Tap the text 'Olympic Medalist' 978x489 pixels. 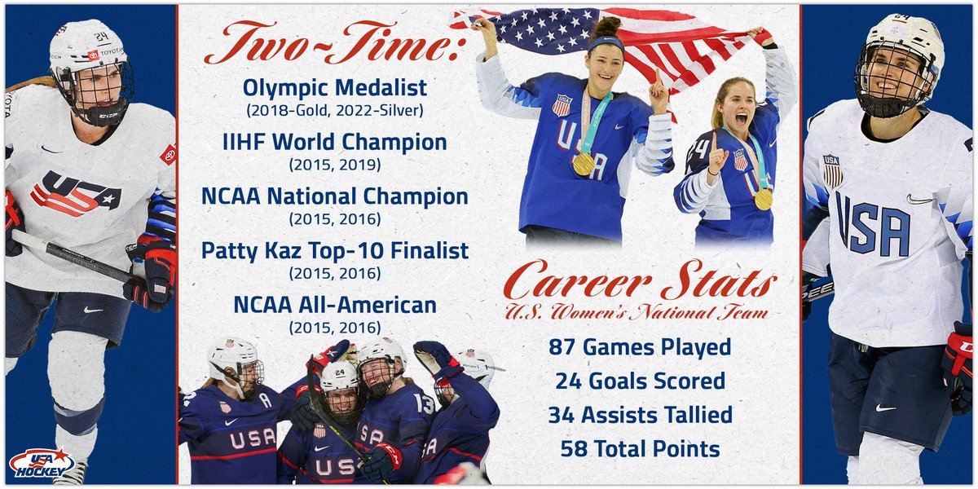335,87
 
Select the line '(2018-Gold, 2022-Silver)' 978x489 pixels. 335,108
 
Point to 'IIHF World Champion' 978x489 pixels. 335,142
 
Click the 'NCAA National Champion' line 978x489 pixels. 335,196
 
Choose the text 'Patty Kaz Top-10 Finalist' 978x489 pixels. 335,250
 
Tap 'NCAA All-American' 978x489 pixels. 335,305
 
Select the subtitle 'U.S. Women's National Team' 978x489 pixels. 637,312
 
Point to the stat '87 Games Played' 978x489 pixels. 639,347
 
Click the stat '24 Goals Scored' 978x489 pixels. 640,381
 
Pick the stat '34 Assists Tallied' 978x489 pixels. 640,415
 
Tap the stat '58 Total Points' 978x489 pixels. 640,448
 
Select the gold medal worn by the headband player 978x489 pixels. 584,163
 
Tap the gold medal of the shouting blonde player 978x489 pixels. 763,198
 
